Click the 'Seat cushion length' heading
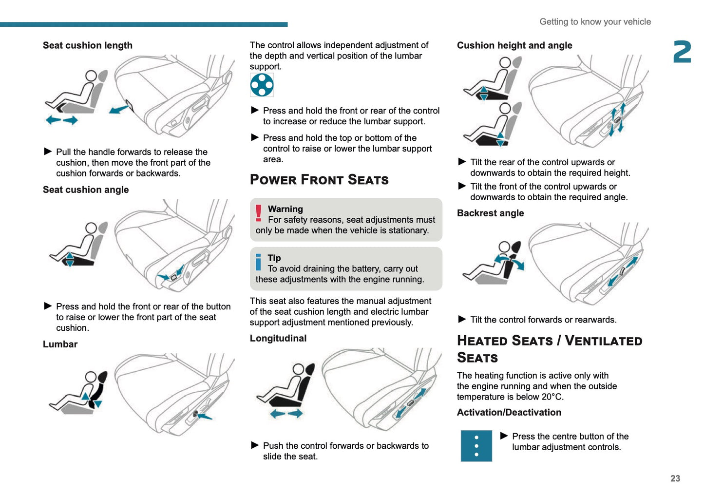pos(88,45)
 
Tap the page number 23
pos(675,478)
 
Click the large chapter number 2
pos(682,52)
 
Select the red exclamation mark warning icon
pos(259,213)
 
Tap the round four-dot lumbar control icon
pos(262,85)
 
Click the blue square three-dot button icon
pos(476,446)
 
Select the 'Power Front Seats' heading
pos(319,180)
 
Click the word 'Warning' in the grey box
pos(285,209)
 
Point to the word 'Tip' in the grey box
pos(274,258)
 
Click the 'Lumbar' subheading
pos(60,344)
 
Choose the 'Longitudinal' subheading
pos(278,339)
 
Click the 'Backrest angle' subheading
pos(490,213)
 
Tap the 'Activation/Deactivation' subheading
pos(509,413)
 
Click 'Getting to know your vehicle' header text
pos(595,22)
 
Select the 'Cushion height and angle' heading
pos(514,45)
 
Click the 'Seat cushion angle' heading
pos(86,190)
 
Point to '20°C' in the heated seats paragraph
pos(552,397)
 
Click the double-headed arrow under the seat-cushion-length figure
pos(61,120)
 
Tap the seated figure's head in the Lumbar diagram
pos(91,377)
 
